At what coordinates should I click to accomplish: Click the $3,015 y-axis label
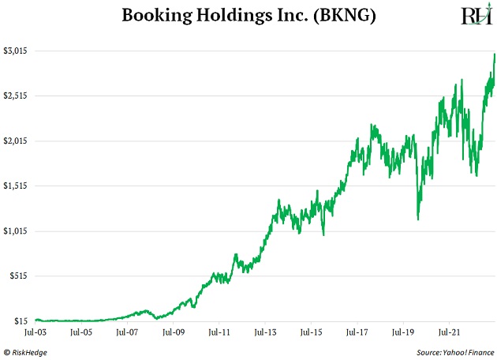coord(16,51)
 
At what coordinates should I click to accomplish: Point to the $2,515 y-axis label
coord(16,96)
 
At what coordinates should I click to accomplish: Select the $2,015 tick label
coord(16,141)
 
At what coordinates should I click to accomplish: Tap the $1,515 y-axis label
coord(16,186)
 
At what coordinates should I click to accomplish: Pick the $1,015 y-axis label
coord(16,231)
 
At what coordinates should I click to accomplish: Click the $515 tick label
coord(20,276)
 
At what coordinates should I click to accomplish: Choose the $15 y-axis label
coord(22,321)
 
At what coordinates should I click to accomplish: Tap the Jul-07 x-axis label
coord(127,333)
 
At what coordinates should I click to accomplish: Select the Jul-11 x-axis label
coord(219,333)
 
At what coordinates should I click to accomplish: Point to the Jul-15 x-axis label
coord(311,333)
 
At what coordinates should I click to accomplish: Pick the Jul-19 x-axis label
coord(403,333)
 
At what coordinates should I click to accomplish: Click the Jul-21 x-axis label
coord(449,333)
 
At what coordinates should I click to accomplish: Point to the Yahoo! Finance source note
coord(454,352)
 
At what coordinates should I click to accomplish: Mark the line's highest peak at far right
coord(495,54)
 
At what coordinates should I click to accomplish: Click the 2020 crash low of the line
coord(417,219)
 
